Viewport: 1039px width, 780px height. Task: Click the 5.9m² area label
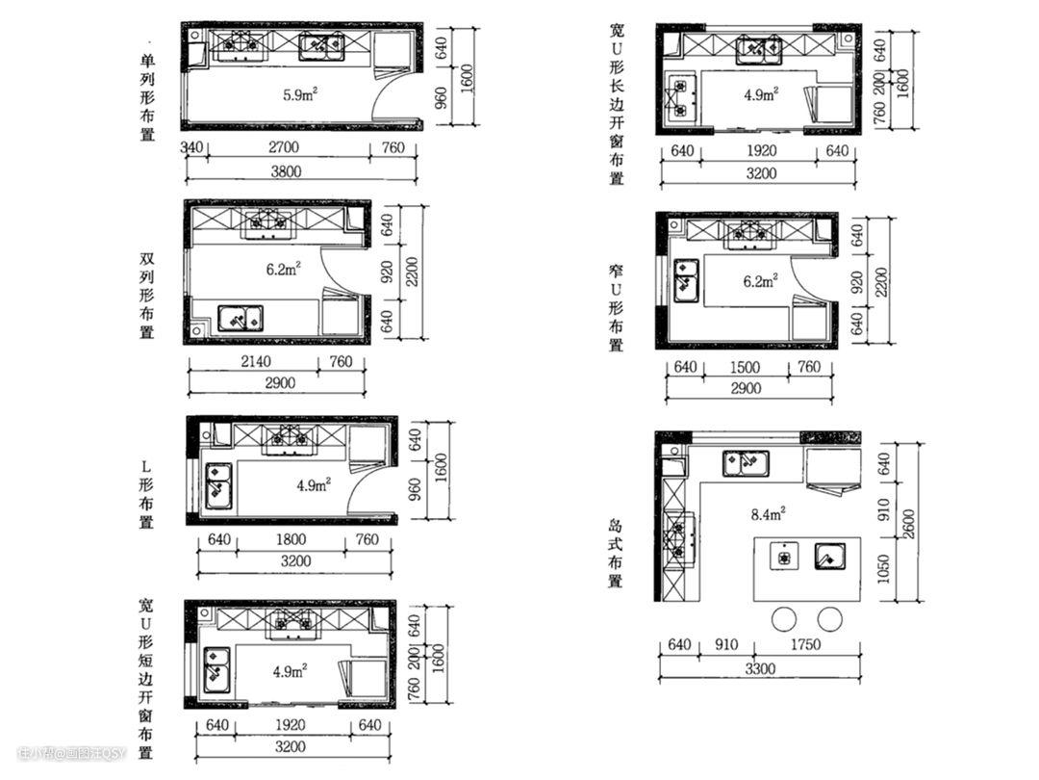click(300, 94)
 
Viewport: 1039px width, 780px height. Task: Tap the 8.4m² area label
click(768, 513)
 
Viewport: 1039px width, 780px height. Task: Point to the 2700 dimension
click(284, 147)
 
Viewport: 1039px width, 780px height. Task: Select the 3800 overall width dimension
click(287, 171)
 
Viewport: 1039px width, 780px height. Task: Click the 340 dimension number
click(192, 146)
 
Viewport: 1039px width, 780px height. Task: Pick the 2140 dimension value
click(256, 361)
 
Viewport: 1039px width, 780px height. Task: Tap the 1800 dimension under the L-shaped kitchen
click(291, 540)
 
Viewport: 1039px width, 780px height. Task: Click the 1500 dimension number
click(745, 368)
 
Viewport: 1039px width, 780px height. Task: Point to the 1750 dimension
click(805, 644)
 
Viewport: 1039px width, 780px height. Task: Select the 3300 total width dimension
click(759, 668)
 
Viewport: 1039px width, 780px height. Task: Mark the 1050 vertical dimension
click(883, 568)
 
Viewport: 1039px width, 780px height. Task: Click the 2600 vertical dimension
click(908, 524)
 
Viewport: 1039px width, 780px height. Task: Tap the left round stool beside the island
click(784, 619)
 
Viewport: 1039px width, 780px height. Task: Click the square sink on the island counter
click(829, 557)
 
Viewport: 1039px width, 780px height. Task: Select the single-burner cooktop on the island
click(784, 556)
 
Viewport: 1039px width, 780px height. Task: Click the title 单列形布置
click(147, 97)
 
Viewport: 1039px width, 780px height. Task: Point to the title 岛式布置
click(616, 553)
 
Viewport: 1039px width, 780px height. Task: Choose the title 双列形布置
click(147, 295)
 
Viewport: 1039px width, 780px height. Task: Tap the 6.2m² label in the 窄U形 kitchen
click(760, 281)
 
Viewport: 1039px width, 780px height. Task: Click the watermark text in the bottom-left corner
click(71, 753)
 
